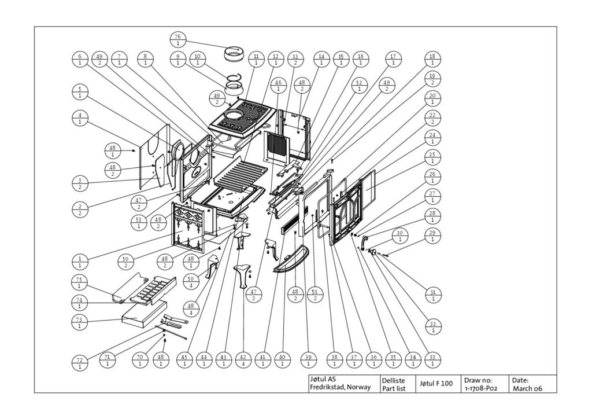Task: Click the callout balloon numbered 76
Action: pyautogui.click(x=178, y=40)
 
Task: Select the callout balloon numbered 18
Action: pyautogui.click(x=432, y=60)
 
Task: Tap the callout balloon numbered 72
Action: pyautogui.click(x=80, y=363)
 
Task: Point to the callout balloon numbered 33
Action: pyautogui.click(x=432, y=361)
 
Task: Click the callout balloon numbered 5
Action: pyautogui.click(x=80, y=92)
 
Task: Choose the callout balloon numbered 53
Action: pyautogui.click(x=139, y=222)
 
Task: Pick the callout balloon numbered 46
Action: pyautogui.click(x=278, y=86)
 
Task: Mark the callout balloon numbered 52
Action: pyautogui.click(x=359, y=86)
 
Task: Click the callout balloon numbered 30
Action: pyautogui.click(x=401, y=236)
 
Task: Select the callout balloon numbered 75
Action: pyautogui.click(x=80, y=283)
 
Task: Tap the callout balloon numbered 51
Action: pyautogui.click(x=315, y=295)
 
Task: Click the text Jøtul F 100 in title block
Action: pyautogui.click(x=436, y=384)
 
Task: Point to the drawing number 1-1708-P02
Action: pyautogui.click(x=480, y=388)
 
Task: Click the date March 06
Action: pyautogui.click(x=527, y=388)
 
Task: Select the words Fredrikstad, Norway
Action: pyautogui.click(x=340, y=387)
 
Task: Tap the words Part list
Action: pyautogui.click(x=393, y=388)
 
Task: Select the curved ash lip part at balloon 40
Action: pyautogui.click(x=290, y=260)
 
